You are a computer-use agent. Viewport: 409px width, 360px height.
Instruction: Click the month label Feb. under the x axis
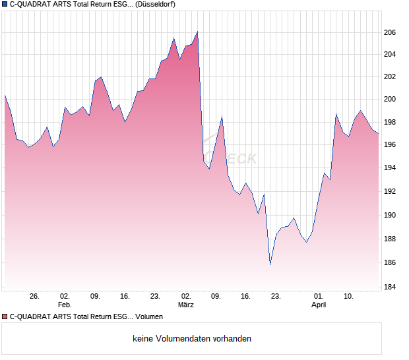coord(65,305)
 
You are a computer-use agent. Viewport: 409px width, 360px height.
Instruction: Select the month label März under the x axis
coord(186,305)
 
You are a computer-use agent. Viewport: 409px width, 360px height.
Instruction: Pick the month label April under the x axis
coord(319,305)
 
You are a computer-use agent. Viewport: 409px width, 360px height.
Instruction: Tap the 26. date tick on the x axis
coord(35,296)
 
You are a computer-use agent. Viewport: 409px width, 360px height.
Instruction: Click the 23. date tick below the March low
coord(276,296)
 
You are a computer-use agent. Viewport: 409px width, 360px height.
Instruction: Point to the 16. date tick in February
coord(125,296)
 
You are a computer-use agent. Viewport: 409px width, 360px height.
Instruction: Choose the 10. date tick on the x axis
coord(348,296)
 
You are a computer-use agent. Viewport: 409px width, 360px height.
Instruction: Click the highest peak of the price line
coord(197,32)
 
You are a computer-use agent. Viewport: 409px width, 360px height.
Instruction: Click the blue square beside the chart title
coord(5,5)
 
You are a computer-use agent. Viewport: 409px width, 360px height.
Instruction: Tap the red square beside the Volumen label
coord(5,317)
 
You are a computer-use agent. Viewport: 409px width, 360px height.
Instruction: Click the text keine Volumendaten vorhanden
coord(192,339)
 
